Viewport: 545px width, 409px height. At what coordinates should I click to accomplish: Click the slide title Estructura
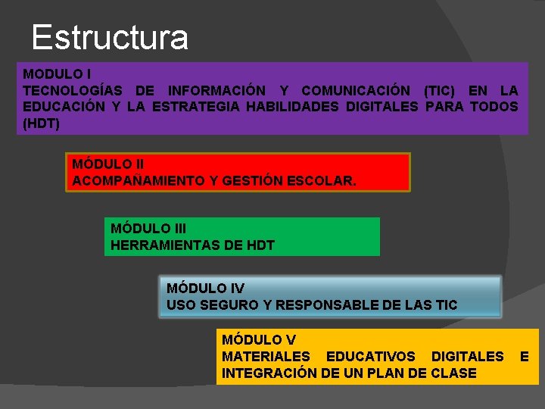click(110, 37)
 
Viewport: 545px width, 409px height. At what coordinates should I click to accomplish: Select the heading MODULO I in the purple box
click(58, 74)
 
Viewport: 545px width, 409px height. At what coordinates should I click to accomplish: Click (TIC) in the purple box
click(440, 91)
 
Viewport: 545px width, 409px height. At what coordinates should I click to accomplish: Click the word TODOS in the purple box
click(494, 107)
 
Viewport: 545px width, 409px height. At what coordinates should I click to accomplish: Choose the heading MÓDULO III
click(148, 228)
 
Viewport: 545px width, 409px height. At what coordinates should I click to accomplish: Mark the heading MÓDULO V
click(258, 340)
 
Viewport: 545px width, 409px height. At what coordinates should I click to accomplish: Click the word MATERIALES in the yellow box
click(266, 356)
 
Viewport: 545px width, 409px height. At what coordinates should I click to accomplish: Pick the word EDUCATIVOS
click(370, 356)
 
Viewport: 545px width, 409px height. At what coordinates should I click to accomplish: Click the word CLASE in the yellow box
click(453, 373)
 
